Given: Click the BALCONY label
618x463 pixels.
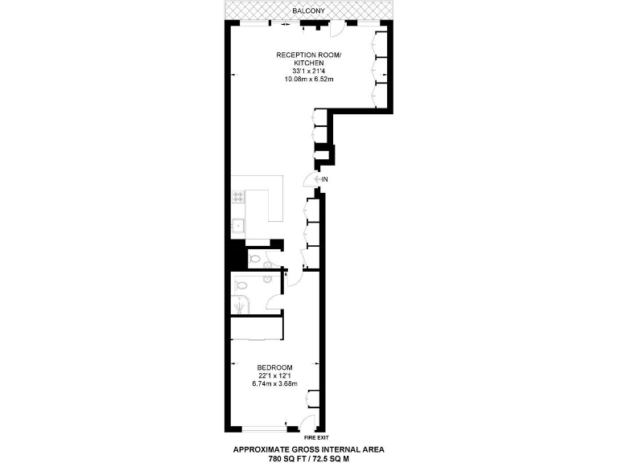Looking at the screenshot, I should click(x=309, y=11).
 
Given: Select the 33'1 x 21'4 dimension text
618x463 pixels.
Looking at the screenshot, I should click(x=309, y=71).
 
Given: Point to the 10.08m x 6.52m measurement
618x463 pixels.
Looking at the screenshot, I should click(x=309, y=79).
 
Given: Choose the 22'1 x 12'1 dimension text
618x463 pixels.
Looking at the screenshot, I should click(x=274, y=375).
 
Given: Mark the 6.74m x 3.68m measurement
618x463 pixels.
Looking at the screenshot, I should click(x=274, y=384).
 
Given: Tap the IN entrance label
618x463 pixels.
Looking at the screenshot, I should click(x=324, y=179).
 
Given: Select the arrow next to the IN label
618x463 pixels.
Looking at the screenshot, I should click(x=317, y=179).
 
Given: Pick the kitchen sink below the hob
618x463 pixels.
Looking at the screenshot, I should click(x=238, y=224).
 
